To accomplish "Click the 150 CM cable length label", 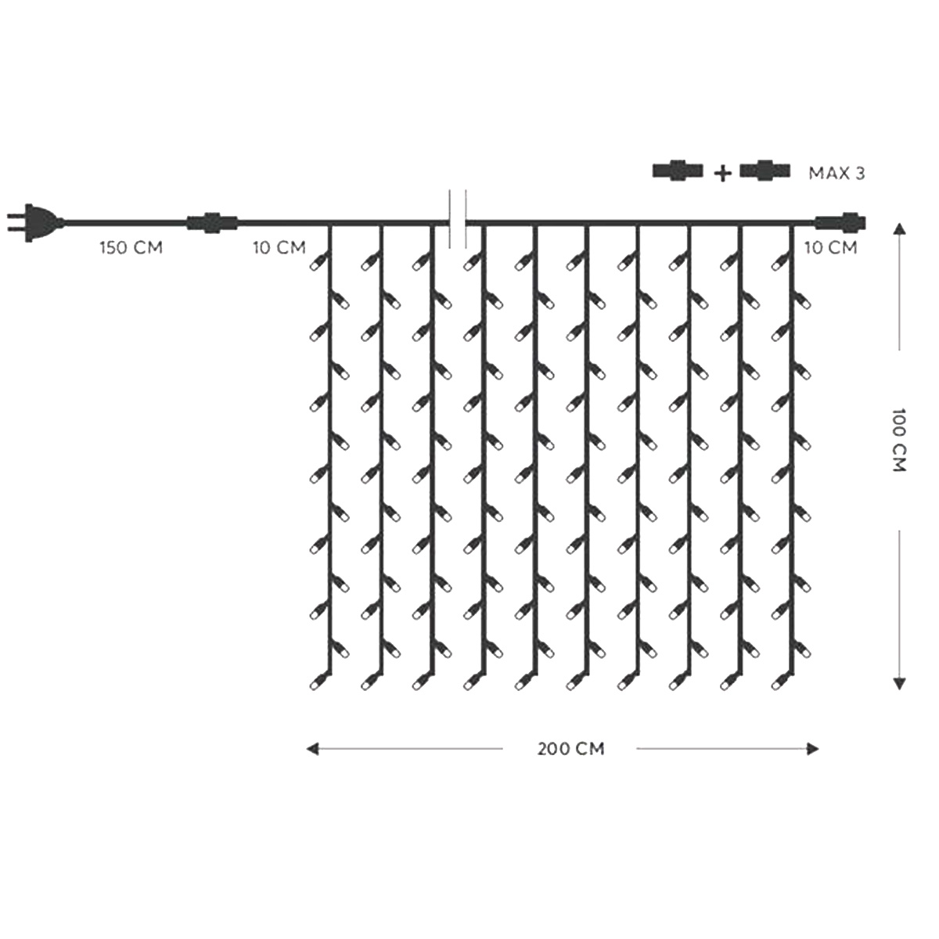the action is point(131,247).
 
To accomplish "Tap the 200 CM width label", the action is point(570,749).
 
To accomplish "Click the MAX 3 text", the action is point(836,174).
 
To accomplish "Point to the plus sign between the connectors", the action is point(723,173).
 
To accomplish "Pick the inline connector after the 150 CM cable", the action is point(212,223).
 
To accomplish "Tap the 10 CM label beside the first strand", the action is point(279,247).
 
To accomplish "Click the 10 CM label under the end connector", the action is point(830,247).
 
